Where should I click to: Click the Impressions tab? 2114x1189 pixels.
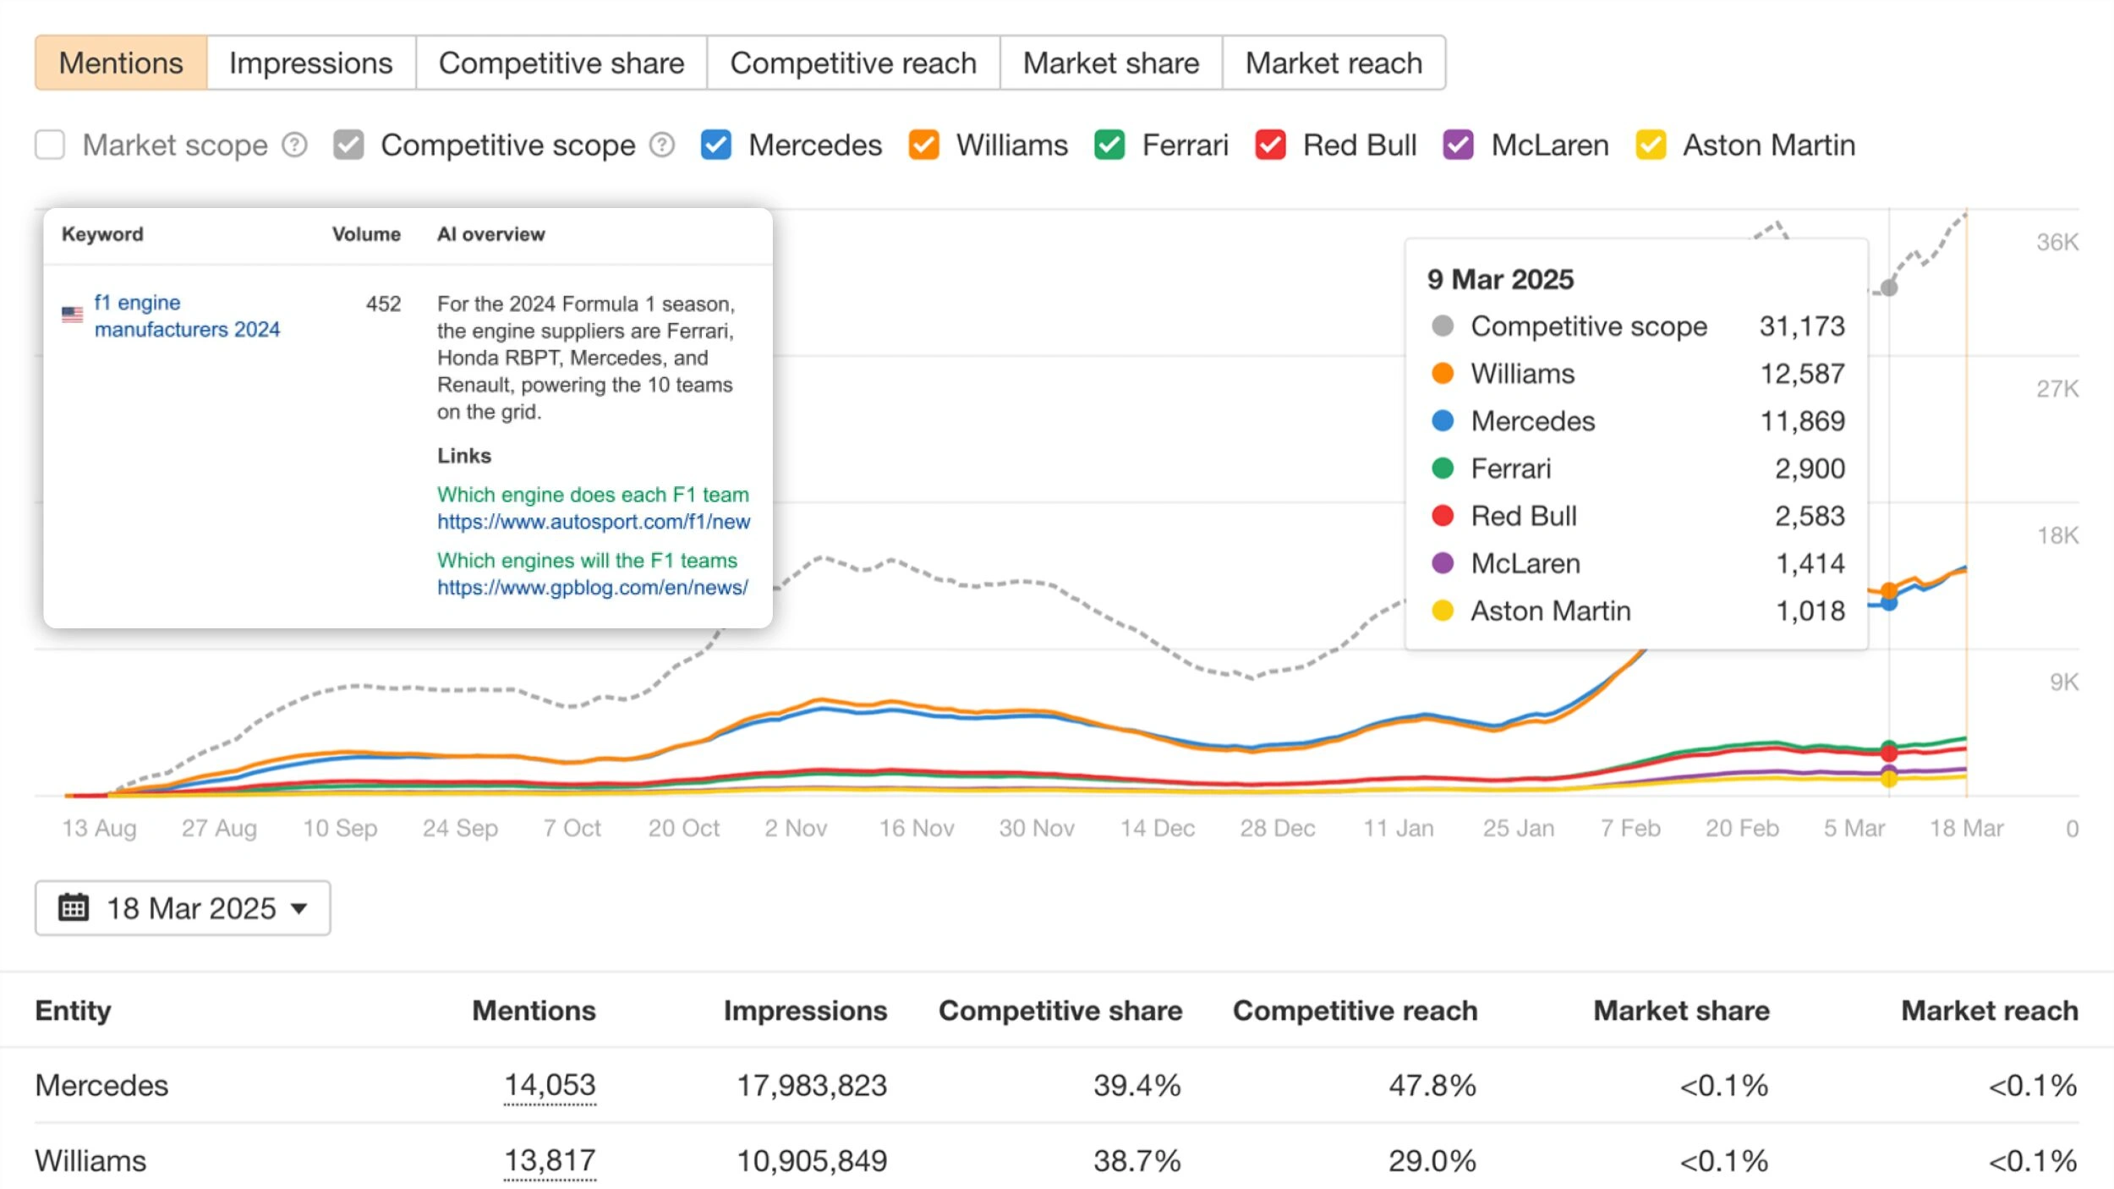pos(310,63)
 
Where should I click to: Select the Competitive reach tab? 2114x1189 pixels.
pos(852,63)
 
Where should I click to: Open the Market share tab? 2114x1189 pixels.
pos(1110,63)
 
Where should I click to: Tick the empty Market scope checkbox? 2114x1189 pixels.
pos(50,145)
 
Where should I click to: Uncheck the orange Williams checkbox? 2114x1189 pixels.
pos(923,145)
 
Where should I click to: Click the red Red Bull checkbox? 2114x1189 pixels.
pos(1270,145)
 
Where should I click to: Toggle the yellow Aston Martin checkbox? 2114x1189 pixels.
pos(1650,145)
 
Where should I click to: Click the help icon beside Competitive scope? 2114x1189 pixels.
pos(662,145)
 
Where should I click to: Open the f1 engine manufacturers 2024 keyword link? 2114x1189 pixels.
pos(186,315)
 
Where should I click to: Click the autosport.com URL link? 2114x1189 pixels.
pos(593,522)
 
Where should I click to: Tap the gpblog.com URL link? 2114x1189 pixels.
pos(592,588)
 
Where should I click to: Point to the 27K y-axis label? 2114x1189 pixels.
pos(2056,389)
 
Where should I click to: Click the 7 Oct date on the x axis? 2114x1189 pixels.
pos(572,828)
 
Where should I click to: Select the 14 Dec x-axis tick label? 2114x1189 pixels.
pos(1157,828)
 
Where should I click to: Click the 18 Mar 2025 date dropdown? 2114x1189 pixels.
pos(183,908)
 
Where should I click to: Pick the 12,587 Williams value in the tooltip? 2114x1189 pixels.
pos(1801,374)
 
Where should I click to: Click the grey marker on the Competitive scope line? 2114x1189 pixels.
pos(1889,288)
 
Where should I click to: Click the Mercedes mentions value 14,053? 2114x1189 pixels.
pos(550,1085)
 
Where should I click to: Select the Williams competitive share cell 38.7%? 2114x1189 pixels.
pos(1136,1160)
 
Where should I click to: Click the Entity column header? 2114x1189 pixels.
pos(74,1011)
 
